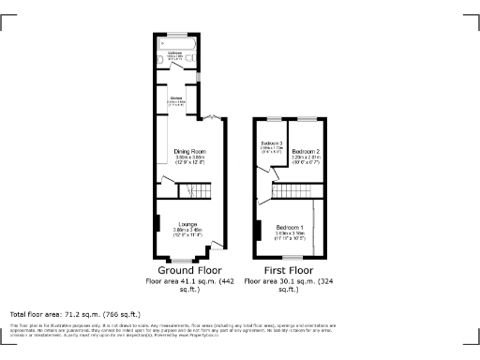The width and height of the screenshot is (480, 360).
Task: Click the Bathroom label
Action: click(174, 52)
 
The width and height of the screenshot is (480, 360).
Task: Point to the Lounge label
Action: click(187, 223)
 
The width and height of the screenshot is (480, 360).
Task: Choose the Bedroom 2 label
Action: click(306, 151)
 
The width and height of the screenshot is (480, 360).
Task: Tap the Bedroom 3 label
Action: click(271, 142)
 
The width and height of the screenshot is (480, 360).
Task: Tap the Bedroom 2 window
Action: click(307, 118)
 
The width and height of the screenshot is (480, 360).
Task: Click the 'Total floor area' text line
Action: click(75, 314)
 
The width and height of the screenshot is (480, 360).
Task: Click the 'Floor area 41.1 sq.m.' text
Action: click(188, 281)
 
